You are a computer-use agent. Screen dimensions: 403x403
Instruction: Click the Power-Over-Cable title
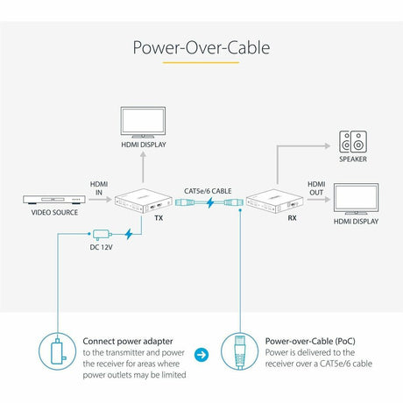click(201, 46)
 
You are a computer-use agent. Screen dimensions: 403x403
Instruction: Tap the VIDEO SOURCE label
click(54, 213)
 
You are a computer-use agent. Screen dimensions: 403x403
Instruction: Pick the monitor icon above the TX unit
click(140, 123)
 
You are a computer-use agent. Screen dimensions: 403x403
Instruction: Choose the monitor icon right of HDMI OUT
click(357, 200)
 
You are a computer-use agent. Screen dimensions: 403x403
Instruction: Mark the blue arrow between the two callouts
click(201, 356)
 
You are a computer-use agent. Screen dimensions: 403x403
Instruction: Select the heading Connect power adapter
click(126, 342)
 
